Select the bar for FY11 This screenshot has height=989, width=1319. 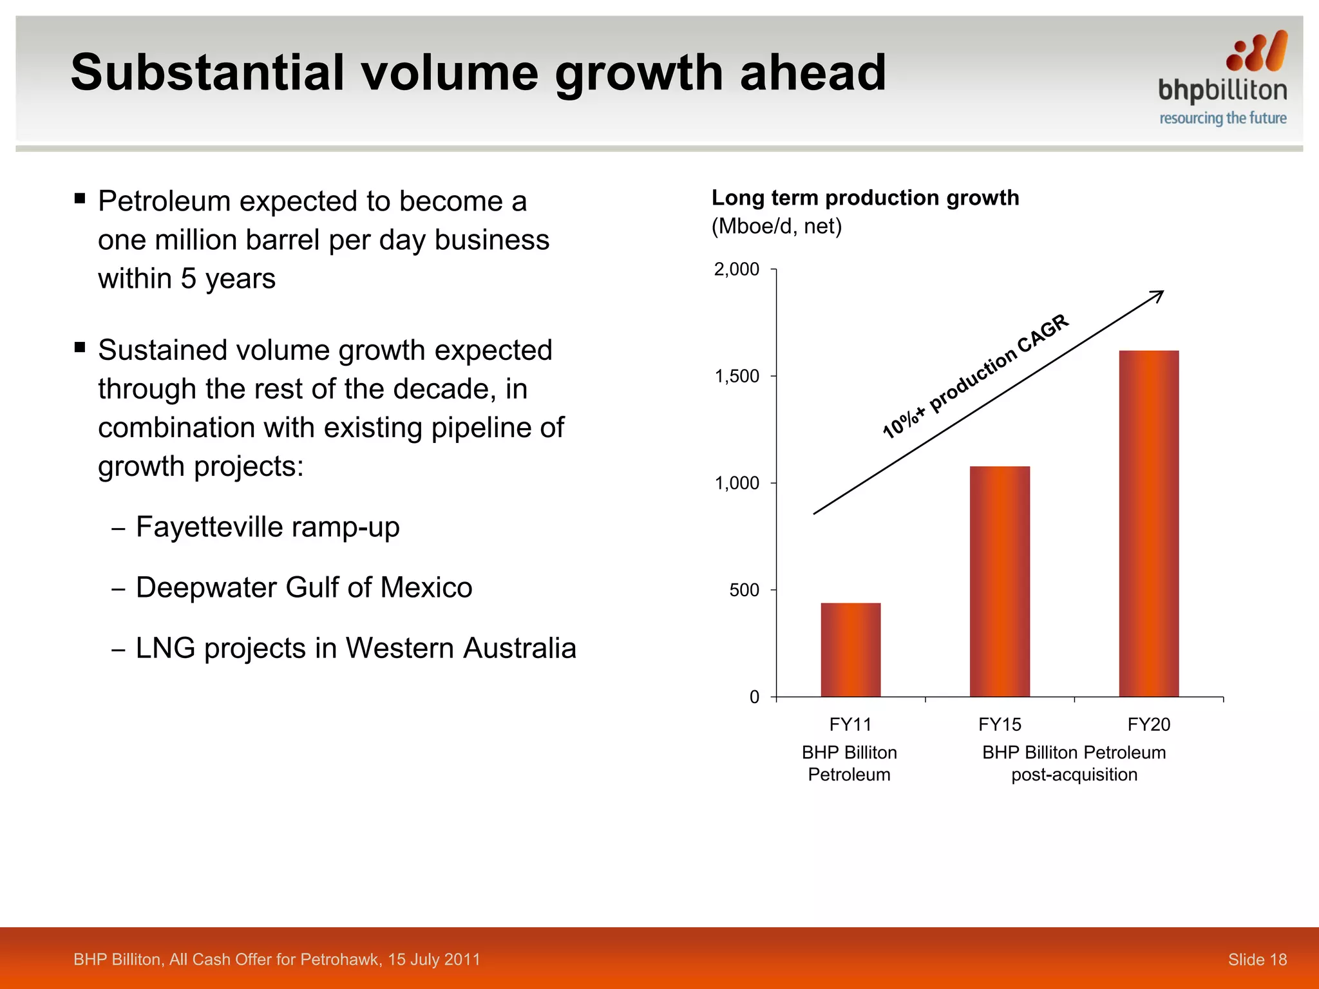coord(850,650)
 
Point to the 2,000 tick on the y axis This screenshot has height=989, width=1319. coord(737,269)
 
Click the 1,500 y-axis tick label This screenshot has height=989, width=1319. coord(737,376)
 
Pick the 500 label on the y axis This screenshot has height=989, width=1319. coord(744,590)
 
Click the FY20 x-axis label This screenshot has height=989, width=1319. coord(1148,724)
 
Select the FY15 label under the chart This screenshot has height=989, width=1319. coord(1000,724)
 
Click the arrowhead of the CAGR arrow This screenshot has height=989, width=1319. coord(1159,294)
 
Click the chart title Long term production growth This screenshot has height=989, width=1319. coord(865,198)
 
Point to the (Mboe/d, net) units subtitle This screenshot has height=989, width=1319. coord(776,227)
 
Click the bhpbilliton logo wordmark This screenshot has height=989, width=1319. coord(1222,91)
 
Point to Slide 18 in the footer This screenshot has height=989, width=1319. coord(1257,959)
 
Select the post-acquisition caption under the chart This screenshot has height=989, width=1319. coord(1074,775)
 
